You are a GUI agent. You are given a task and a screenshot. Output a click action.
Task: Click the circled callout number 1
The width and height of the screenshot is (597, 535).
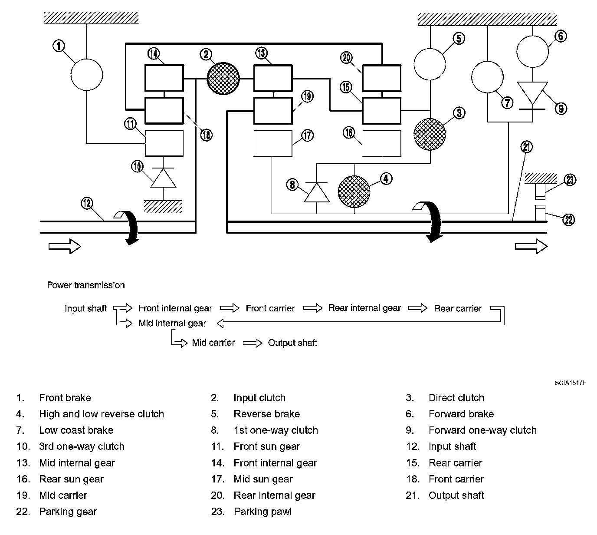click(59, 46)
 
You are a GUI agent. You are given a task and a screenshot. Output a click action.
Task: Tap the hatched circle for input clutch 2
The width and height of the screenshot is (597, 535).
click(223, 79)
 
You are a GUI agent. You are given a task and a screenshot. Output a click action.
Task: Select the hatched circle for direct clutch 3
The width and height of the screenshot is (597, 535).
click(430, 134)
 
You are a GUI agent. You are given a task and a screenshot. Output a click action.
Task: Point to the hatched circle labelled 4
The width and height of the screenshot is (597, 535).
click(354, 192)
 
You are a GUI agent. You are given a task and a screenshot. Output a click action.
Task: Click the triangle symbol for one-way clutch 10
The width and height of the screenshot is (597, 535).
click(163, 178)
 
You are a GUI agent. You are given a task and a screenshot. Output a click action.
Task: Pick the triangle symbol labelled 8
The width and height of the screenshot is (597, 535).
click(317, 192)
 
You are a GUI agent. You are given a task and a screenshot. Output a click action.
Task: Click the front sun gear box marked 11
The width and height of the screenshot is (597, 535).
click(164, 143)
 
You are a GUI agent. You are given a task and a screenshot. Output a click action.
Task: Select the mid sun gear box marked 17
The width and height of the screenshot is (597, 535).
click(273, 144)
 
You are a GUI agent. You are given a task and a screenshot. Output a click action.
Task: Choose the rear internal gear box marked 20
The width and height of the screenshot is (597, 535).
click(382, 78)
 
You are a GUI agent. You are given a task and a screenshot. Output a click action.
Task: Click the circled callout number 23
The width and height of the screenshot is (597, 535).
click(570, 180)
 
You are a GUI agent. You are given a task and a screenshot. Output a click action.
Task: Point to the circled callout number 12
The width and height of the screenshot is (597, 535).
click(87, 203)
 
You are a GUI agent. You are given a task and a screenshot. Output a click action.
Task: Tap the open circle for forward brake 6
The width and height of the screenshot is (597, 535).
click(532, 52)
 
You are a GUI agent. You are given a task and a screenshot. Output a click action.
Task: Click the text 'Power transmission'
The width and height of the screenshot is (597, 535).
click(86, 285)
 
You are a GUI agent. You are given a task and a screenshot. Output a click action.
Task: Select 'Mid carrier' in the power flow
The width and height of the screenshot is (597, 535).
click(213, 343)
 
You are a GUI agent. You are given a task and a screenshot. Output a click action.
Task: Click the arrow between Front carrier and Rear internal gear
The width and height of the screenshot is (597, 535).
click(313, 308)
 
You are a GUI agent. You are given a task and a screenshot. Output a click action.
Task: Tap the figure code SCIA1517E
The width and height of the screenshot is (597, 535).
click(571, 383)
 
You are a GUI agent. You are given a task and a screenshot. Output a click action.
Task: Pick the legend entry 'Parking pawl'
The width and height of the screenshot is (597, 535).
click(262, 512)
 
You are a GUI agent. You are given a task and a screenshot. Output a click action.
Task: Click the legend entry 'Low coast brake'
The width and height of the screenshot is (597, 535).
click(76, 430)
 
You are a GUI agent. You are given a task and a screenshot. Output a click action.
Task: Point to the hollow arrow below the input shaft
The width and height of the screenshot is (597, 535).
click(65, 246)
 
